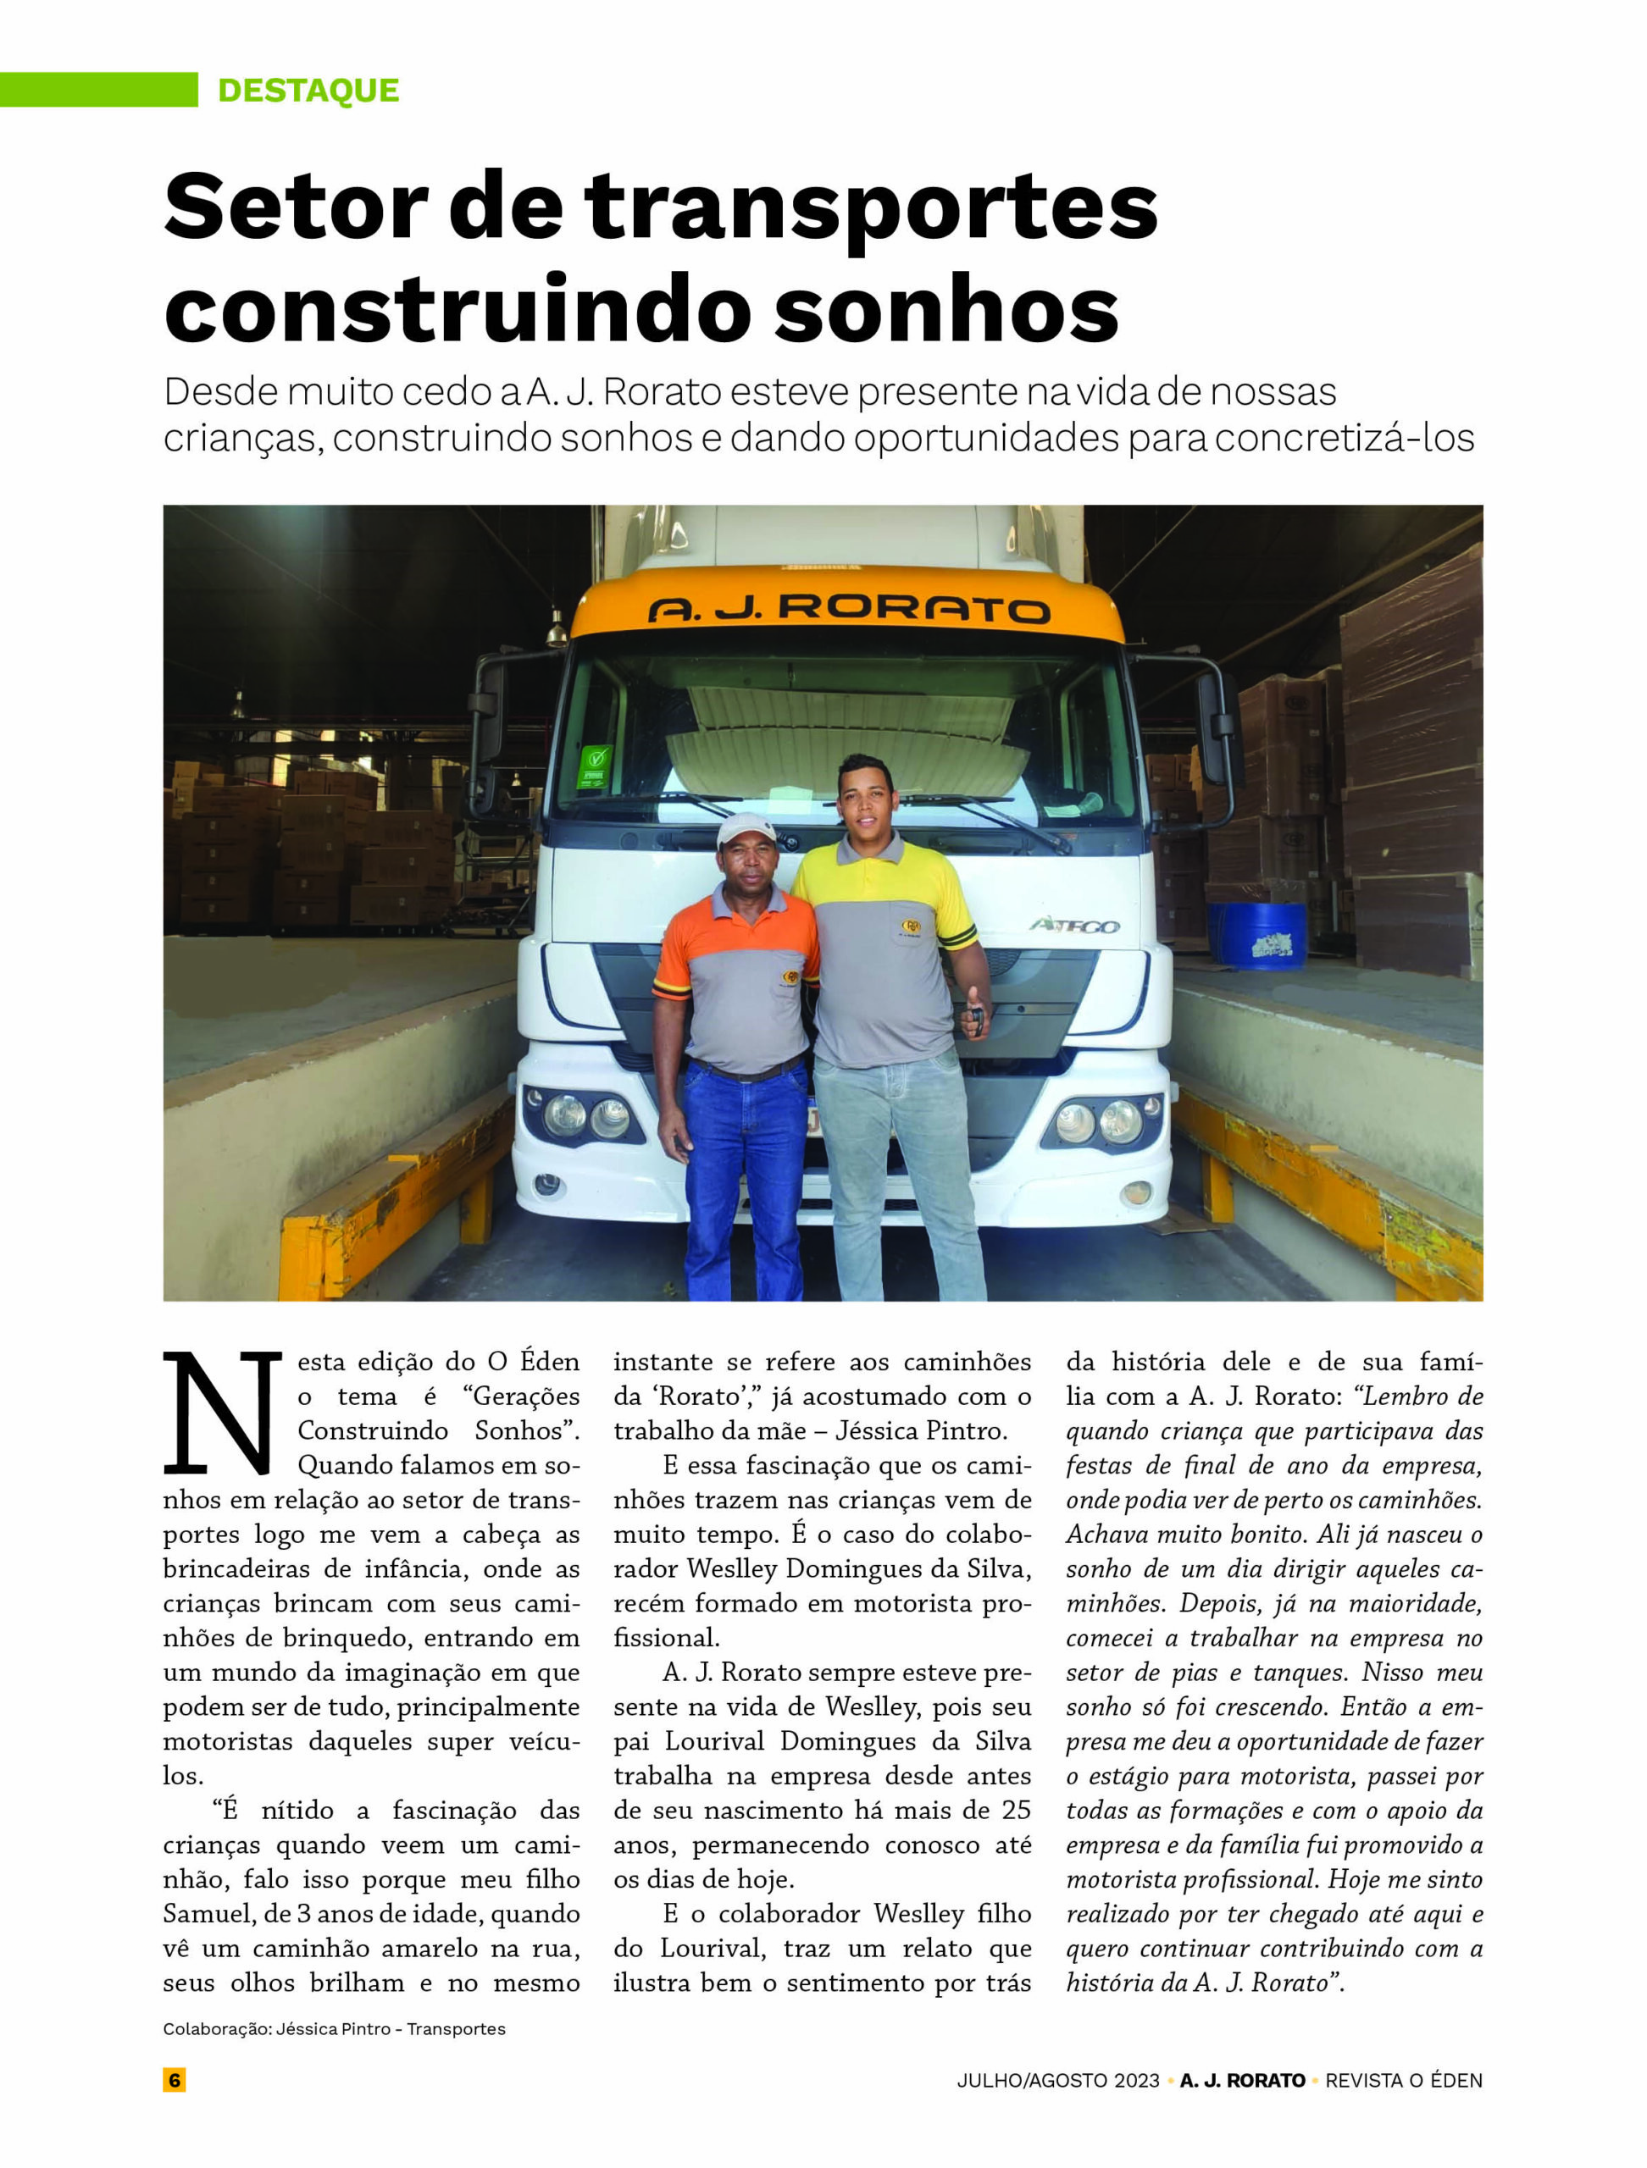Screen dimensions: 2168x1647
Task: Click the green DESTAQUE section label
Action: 308,90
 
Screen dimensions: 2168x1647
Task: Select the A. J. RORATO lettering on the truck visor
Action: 848,610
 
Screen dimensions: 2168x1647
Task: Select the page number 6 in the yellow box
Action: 175,2080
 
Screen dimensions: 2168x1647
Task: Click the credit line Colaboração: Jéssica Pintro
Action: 333,2029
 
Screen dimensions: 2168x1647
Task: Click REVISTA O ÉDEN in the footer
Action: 1403,2080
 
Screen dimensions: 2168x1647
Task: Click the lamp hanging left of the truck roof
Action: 557,629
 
